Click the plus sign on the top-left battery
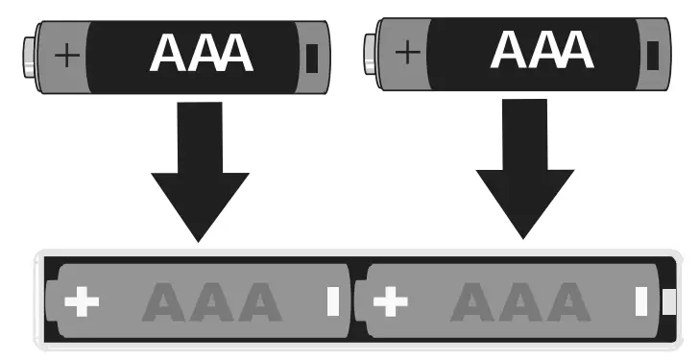point(66,55)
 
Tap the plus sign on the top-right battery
point(408,51)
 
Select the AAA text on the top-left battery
point(202,55)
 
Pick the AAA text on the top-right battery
point(542,50)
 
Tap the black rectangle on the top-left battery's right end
point(310,59)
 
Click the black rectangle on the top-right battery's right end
point(653,54)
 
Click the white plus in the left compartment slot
point(82,303)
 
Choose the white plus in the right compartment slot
point(389,302)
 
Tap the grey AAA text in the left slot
point(212,304)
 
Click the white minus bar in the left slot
point(333,302)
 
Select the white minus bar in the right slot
point(640,302)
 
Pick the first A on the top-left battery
point(169,55)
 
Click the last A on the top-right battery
point(574,50)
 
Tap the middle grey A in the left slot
point(212,304)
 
